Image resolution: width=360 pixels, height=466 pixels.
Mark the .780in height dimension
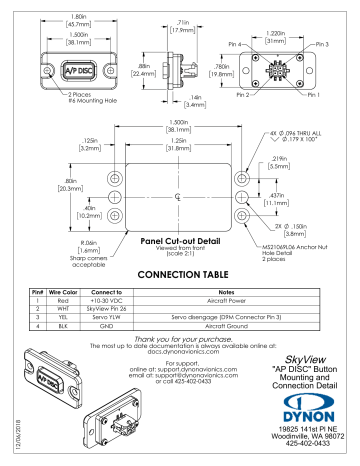[x=227, y=69]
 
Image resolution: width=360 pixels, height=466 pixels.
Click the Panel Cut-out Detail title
[x=178, y=240]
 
